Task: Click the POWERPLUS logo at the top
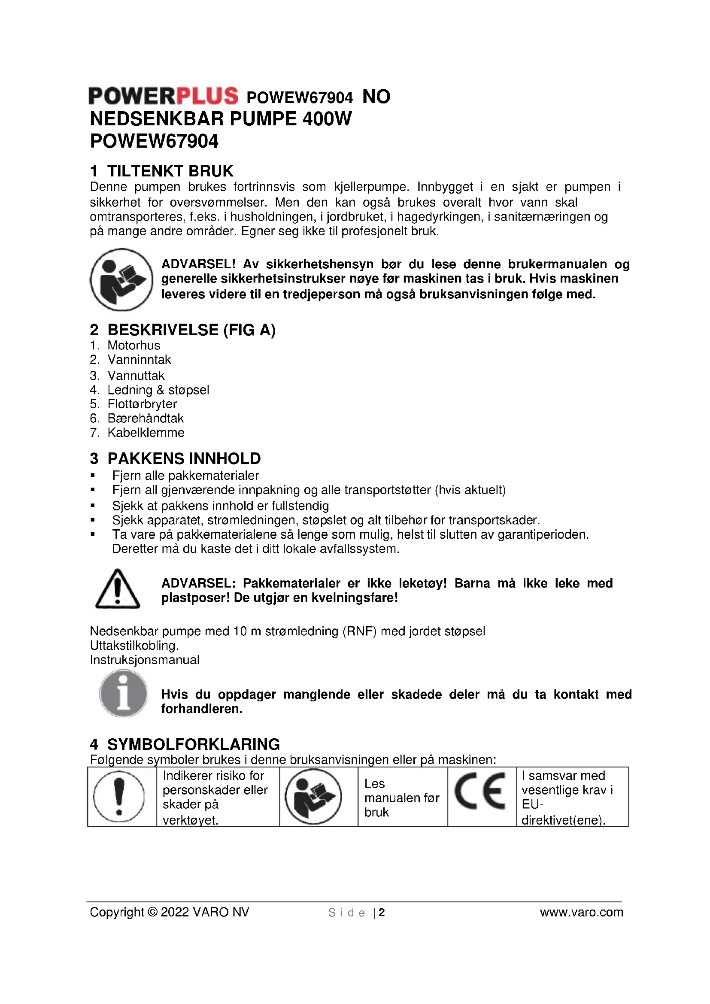(x=163, y=96)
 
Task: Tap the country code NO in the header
(x=376, y=97)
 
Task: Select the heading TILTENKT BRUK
(x=170, y=170)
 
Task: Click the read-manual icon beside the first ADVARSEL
(x=121, y=279)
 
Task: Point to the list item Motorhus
(x=134, y=346)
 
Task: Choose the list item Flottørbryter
(x=142, y=404)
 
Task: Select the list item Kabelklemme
(x=146, y=433)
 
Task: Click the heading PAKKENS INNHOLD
(x=184, y=459)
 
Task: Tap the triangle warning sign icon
(x=117, y=589)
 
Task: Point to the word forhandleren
(x=202, y=709)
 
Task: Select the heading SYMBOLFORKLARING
(x=194, y=744)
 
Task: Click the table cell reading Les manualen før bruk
(x=402, y=798)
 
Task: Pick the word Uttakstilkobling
(x=134, y=646)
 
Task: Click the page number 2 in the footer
(x=382, y=912)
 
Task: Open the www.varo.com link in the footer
(x=582, y=912)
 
